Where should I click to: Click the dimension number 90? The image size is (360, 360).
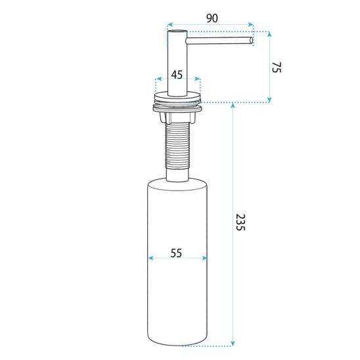point(212,18)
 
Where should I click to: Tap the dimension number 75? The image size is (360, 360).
point(277,67)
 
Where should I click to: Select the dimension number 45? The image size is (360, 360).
point(177,75)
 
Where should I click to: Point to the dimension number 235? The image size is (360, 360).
point(240,222)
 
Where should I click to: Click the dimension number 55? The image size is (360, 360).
point(176,253)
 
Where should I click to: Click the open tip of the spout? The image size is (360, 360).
point(251,41)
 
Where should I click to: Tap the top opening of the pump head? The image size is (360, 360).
point(177,31)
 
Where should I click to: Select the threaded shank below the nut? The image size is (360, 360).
point(177,146)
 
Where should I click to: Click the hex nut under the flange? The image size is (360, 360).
point(177,117)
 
